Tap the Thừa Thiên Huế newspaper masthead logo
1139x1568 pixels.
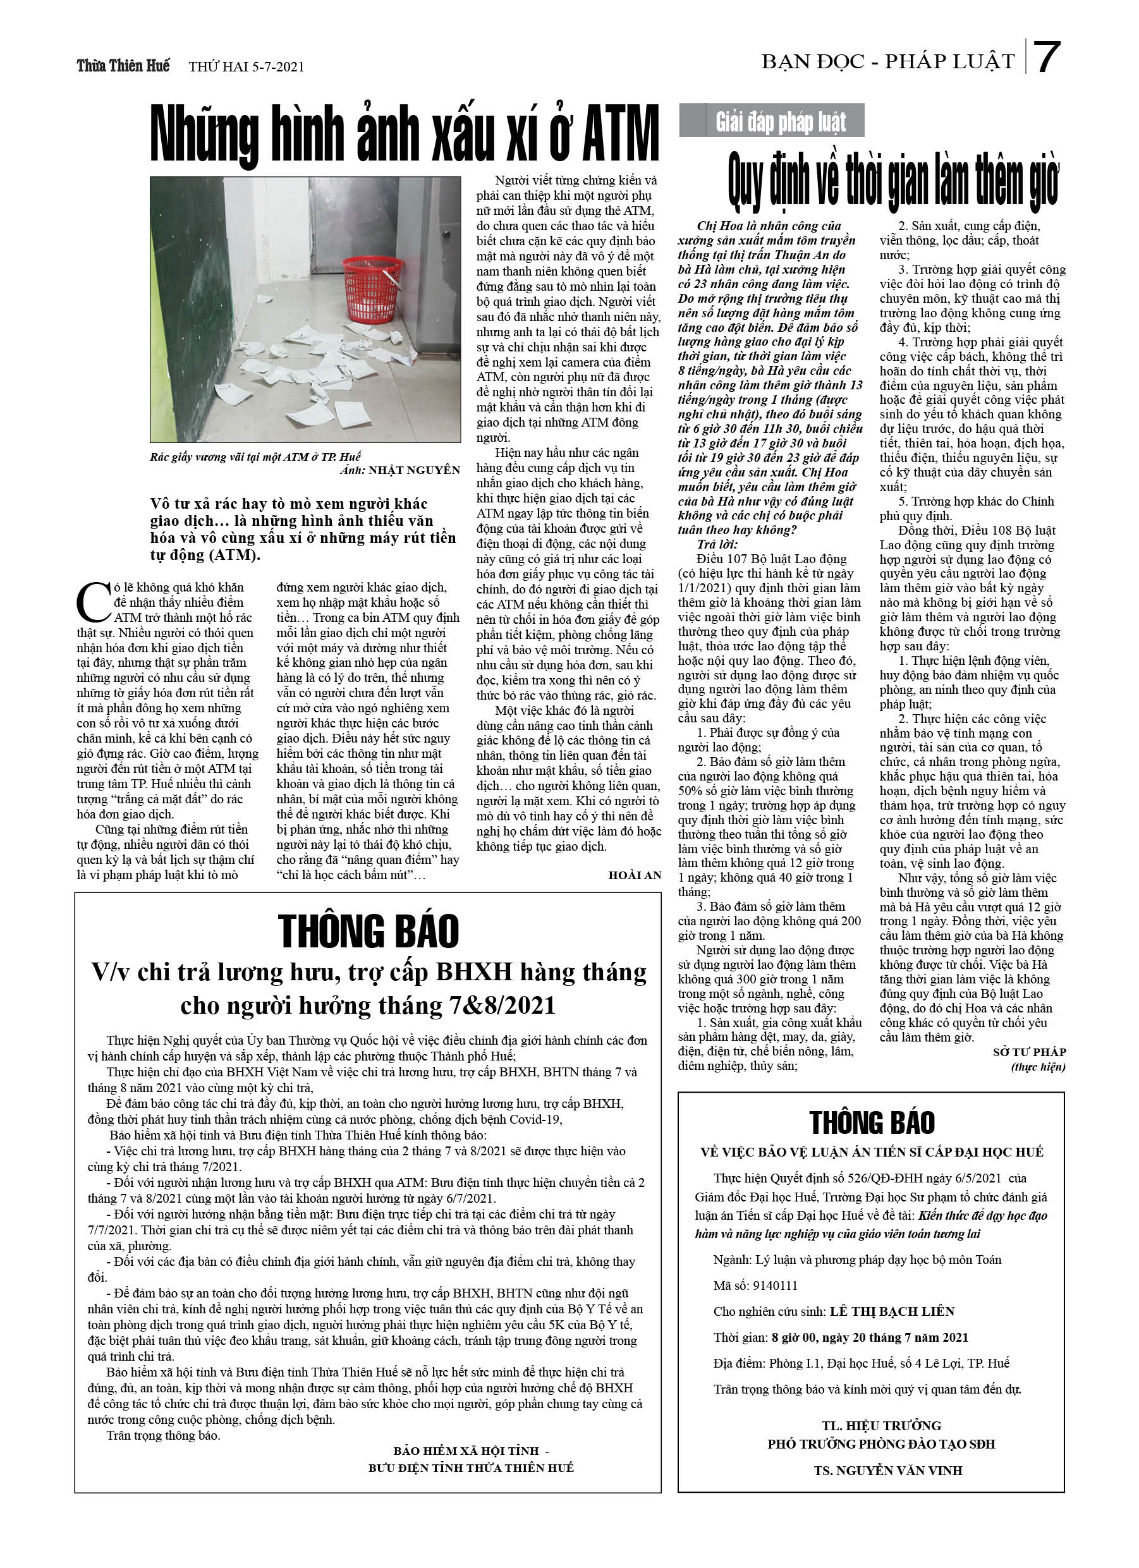pyautogui.click(x=123, y=66)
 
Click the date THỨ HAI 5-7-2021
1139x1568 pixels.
pyautogui.click(x=247, y=67)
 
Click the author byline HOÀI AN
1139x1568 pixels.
pyautogui.click(x=634, y=875)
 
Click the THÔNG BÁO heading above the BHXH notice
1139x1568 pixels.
pyautogui.click(x=368, y=930)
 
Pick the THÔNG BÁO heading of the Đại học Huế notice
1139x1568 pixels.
pyautogui.click(x=872, y=1122)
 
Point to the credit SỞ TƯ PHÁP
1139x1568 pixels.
pyautogui.click(x=1029, y=1052)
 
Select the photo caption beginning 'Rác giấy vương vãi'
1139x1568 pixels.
pyautogui.click(x=256, y=456)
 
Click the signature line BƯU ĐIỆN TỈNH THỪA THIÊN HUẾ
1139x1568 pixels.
pyautogui.click(x=471, y=1467)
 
